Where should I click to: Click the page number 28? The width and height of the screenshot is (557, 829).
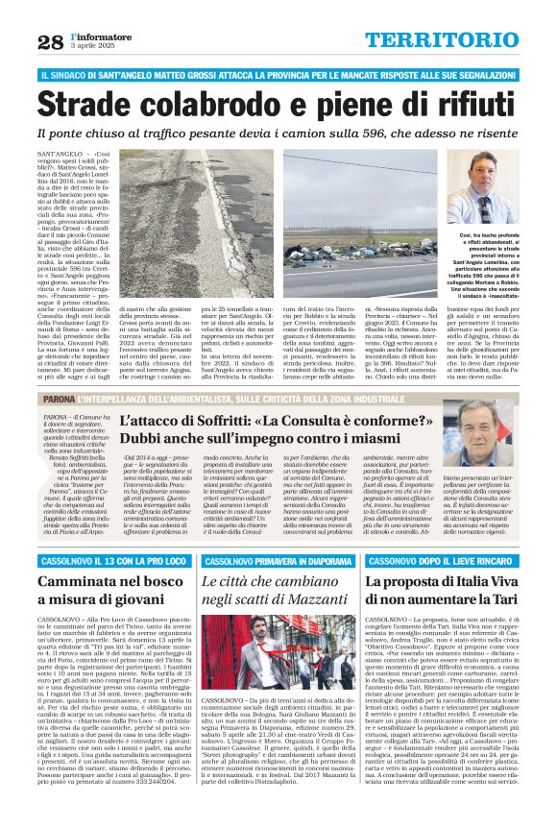51,41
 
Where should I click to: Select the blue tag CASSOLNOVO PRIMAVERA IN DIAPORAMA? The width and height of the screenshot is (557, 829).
278,561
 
